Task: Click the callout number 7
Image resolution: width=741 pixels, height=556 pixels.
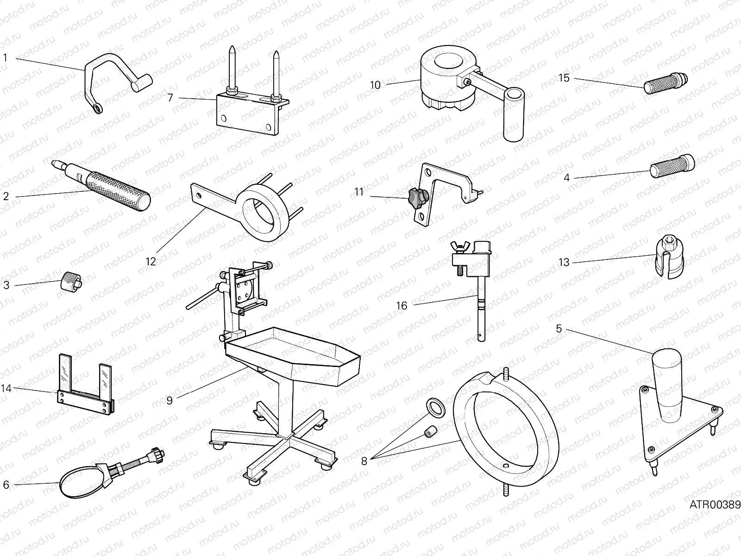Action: pyautogui.click(x=170, y=98)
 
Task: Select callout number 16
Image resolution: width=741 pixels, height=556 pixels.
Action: pyautogui.click(x=402, y=306)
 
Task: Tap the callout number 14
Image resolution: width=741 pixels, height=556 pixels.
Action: pyautogui.click(x=6, y=388)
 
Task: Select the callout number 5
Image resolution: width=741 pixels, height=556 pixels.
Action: pyautogui.click(x=559, y=329)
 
